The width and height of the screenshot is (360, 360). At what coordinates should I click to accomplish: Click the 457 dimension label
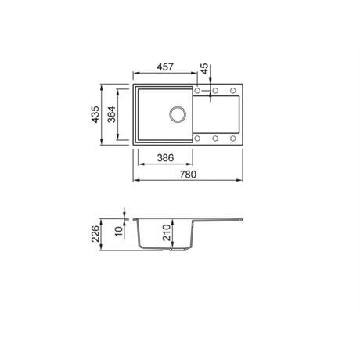pyautogui.click(x=165, y=67)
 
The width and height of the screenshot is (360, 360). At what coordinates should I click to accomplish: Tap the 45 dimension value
pyautogui.click(x=205, y=69)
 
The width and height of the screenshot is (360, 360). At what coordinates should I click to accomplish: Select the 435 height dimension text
pyautogui.click(x=95, y=114)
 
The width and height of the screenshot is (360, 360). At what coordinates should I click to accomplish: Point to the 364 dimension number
pyautogui.click(x=112, y=114)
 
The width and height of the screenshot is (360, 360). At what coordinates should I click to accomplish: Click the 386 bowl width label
pyautogui.click(x=165, y=158)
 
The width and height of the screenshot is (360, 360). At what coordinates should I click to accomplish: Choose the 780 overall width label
pyautogui.click(x=188, y=175)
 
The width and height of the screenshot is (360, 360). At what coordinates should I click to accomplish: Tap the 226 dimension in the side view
pyautogui.click(x=95, y=234)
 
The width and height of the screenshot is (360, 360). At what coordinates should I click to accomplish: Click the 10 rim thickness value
pyautogui.click(x=119, y=231)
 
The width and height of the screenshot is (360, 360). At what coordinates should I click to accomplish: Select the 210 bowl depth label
pyautogui.click(x=167, y=232)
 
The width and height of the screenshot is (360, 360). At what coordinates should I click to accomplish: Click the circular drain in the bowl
pyautogui.click(x=178, y=114)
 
